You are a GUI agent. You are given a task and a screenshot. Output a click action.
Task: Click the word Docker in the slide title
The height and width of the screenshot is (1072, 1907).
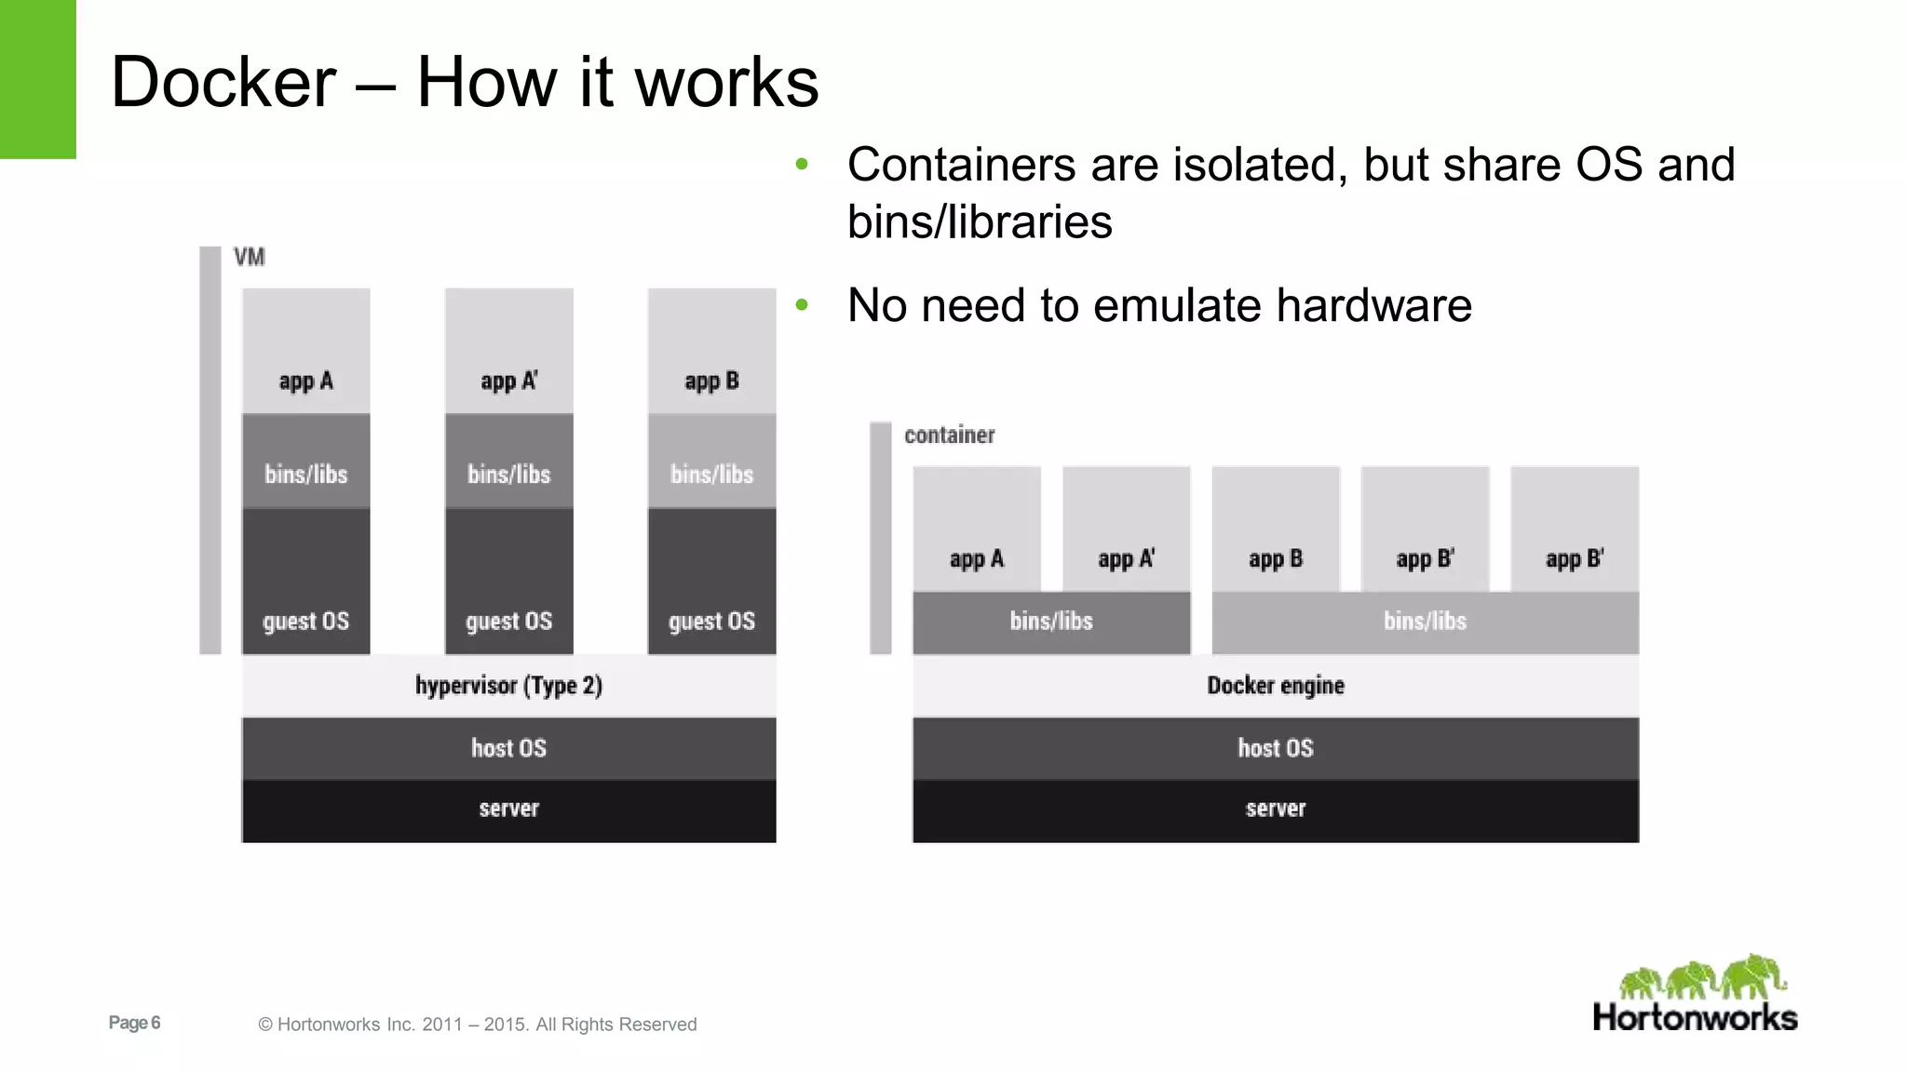click(223, 83)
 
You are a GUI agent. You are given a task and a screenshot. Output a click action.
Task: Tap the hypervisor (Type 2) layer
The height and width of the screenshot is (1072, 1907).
click(508, 686)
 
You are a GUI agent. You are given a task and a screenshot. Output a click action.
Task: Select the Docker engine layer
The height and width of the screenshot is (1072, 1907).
click(1275, 686)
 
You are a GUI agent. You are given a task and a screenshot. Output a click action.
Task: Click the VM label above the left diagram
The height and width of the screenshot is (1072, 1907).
click(249, 257)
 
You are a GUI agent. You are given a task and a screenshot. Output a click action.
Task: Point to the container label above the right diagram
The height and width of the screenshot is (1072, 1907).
click(949, 435)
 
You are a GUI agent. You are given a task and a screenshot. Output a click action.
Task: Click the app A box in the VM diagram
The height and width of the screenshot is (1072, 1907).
click(305, 352)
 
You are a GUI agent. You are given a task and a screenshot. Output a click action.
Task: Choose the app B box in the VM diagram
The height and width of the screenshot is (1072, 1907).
click(711, 352)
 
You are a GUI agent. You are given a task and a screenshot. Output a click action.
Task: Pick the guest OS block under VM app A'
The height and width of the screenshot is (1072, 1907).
click(508, 582)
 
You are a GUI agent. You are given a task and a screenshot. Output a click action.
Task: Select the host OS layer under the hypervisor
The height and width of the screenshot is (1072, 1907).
click(508, 748)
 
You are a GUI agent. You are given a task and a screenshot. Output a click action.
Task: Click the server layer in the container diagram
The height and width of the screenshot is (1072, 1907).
click(1275, 810)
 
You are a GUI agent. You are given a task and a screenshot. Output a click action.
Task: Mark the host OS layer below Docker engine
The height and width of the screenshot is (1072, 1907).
click(1275, 748)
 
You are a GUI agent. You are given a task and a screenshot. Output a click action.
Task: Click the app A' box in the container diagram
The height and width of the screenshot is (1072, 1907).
click(1126, 529)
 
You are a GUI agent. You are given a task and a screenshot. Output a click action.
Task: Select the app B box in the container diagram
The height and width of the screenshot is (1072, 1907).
click(1275, 529)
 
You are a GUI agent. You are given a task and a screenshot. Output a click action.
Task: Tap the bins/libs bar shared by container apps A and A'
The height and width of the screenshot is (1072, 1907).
click(1051, 622)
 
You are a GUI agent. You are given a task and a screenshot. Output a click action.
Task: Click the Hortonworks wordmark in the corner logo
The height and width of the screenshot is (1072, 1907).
click(1695, 1017)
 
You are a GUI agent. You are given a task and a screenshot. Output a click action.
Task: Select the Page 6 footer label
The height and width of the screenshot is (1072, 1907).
click(134, 1023)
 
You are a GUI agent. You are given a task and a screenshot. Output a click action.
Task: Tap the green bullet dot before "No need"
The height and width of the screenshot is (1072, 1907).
click(802, 304)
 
